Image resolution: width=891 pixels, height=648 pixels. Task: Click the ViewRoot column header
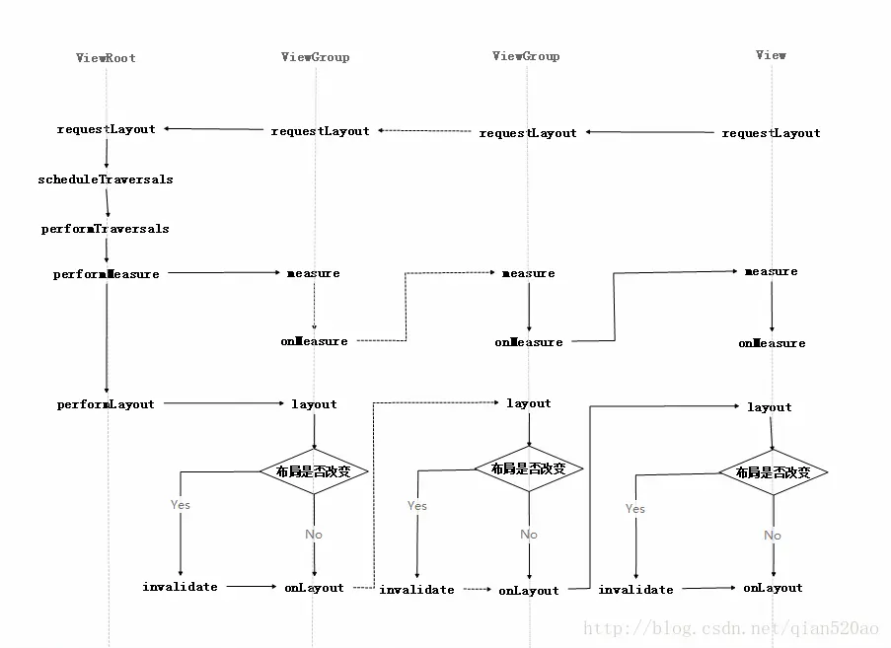106,58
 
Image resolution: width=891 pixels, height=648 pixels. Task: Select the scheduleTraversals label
106,180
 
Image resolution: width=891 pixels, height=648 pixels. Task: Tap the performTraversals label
106,229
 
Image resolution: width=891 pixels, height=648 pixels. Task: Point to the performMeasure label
106,274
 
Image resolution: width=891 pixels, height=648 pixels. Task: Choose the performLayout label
106,404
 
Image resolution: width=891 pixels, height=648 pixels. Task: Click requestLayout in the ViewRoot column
106,129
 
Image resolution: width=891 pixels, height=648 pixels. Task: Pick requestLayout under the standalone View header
771,133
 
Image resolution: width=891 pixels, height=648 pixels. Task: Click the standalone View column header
771,55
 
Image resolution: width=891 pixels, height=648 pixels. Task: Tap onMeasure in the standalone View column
772,343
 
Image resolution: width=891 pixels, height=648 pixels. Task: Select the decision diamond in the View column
773,472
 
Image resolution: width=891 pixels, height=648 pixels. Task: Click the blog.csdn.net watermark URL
730,628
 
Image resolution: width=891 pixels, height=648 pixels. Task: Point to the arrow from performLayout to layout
221,403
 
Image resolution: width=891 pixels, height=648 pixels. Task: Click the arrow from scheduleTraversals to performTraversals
107,204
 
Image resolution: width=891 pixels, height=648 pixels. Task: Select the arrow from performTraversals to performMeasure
106,252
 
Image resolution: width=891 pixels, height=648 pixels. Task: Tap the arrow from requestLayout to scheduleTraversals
106,154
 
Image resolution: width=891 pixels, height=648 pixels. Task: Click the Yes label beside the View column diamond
634,509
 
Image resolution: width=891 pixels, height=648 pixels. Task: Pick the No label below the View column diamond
772,536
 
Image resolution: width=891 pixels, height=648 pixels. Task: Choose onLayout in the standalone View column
773,588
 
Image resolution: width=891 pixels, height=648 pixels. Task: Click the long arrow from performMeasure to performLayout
106,338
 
